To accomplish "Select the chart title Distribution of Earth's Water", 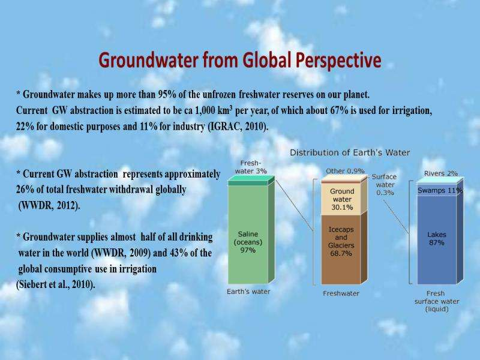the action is [x=350, y=152].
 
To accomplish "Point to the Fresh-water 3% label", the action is [x=251, y=167].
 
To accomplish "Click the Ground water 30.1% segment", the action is [x=341, y=199].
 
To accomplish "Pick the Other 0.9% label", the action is [x=345, y=171].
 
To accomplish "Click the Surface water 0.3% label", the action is [x=385, y=185].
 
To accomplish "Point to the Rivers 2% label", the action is [x=441, y=173].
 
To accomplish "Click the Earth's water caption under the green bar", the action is [x=248, y=292].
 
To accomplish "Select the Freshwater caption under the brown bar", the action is [x=341, y=293].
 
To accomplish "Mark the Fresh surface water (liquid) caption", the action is [x=437, y=301].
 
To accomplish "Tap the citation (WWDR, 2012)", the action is [x=49, y=205].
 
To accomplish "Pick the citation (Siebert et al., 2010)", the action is [x=56, y=284].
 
